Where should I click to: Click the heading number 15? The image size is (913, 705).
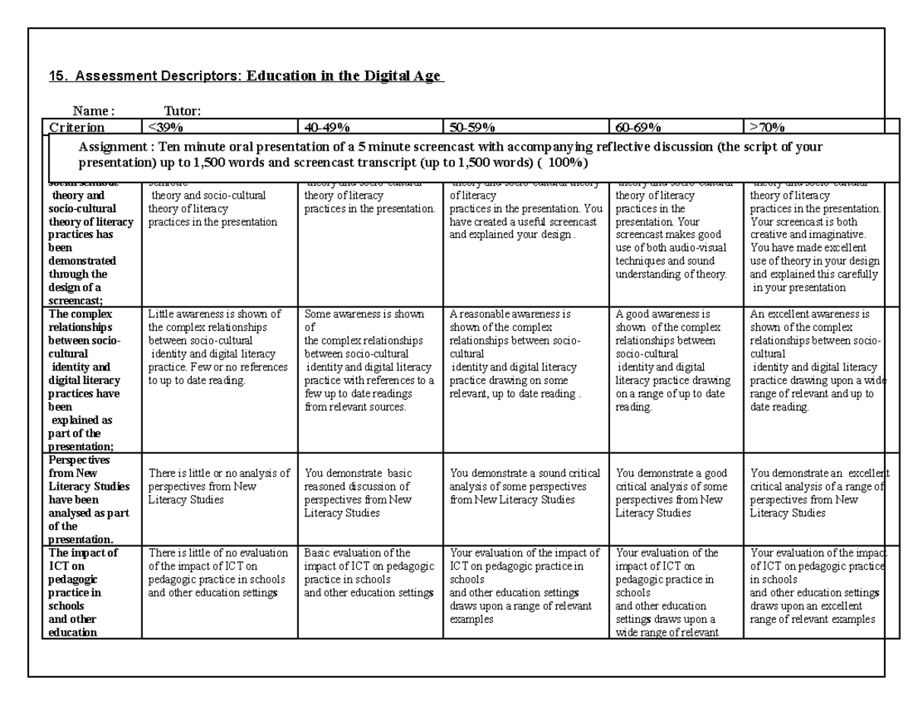tap(56, 77)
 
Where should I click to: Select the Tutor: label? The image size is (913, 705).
tap(183, 112)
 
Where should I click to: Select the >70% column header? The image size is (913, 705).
tap(768, 127)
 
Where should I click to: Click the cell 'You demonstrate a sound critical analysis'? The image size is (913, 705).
tap(525, 487)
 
